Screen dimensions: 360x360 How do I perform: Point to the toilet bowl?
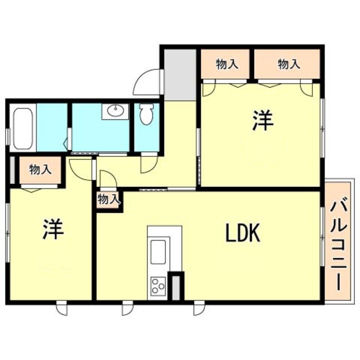pyautogui.click(x=146, y=115)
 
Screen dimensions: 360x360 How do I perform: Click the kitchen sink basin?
pyautogui.click(x=158, y=250)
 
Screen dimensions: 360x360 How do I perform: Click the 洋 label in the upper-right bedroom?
pyautogui.click(x=262, y=121)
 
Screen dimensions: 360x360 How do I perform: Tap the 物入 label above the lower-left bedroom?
pyautogui.click(x=40, y=169)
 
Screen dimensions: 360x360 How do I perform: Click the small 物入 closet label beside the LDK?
pyautogui.click(x=109, y=199)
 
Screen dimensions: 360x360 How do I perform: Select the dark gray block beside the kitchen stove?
pyautogui.click(x=177, y=286)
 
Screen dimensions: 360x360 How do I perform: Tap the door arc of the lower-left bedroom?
pyautogui.click(x=82, y=169)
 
